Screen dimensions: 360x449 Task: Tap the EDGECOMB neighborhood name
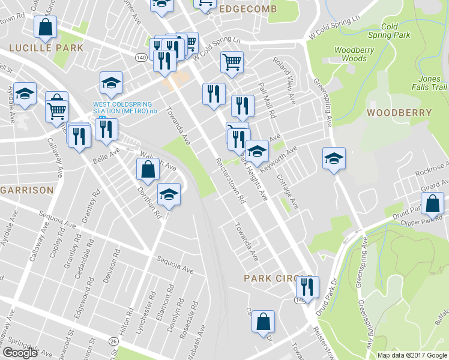click(248, 10)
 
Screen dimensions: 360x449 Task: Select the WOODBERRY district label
click(399, 113)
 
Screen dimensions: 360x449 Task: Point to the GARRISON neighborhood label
click(27, 190)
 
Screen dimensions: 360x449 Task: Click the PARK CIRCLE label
click(271, 278)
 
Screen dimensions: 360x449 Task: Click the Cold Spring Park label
click(396, 31)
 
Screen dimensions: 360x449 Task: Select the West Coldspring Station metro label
click(124, 107)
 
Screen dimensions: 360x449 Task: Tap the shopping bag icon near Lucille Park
click(45, 27)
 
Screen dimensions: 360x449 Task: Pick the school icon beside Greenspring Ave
click(334, 158)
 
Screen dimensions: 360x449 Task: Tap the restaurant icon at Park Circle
click(307, 287)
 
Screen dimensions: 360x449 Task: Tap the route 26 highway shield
click(113, 341)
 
